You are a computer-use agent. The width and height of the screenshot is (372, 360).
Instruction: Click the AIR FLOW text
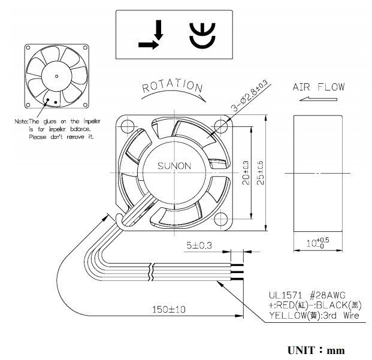[319, 87]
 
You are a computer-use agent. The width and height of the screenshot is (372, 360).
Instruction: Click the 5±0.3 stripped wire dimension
[199, 246]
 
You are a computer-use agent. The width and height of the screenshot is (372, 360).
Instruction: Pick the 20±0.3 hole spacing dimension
[247, 173]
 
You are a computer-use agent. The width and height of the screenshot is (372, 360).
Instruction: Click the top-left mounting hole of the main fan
[126, 126]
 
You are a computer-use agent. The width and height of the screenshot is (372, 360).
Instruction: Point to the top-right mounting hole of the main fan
[222, 126]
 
